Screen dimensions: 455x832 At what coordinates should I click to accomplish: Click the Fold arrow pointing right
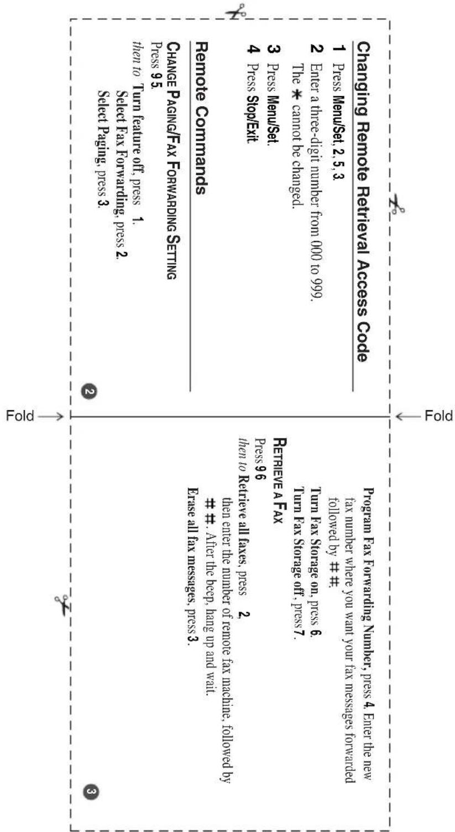50,416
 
